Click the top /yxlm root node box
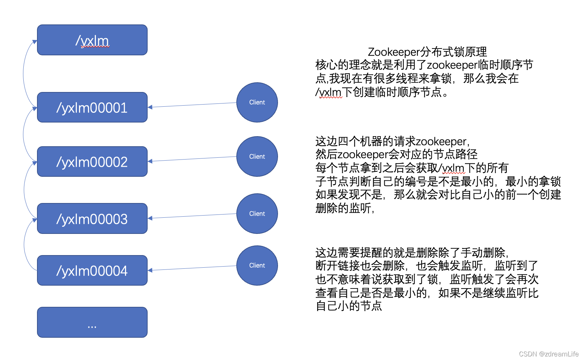(92, 40)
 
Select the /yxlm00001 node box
(92, 107)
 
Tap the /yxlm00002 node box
(92, 162)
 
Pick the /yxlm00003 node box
(92, 218)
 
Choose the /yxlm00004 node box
(92, 271)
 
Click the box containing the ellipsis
(92, 322)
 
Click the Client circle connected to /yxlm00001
(257, 102)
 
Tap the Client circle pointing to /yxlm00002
(257, 157)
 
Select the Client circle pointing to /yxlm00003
(257, 214)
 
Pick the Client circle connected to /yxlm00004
(257, 266)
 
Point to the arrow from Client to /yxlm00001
(192, 105)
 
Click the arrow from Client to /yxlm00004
(192, 268)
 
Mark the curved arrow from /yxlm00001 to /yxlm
(24, 74)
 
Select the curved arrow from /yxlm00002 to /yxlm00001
(24, 134)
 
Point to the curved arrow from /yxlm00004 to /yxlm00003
(24, 244)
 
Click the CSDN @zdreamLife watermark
(549, 354)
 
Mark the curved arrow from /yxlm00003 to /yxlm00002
(24, 190)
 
